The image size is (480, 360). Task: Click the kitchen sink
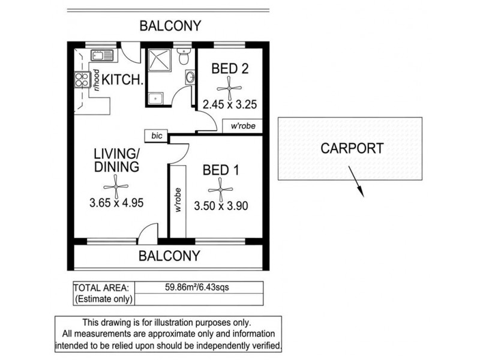102,55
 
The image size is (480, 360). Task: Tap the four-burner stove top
83,79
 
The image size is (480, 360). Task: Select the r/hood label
97,80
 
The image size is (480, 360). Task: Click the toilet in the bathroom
184,56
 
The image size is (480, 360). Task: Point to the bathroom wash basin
190,77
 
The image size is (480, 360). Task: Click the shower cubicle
160,59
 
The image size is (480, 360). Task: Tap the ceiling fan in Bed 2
229,88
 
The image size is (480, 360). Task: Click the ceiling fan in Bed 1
220,190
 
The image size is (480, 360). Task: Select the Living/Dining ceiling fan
116,187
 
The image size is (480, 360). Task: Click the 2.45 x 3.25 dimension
230,104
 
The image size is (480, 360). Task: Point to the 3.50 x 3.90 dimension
221,206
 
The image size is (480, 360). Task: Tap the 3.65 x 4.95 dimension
116,203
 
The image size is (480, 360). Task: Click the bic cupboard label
157,136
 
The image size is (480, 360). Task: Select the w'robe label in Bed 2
243,126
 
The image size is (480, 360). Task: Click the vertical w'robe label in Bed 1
178,200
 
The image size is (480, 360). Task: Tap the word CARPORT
352,148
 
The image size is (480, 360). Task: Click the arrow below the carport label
356,182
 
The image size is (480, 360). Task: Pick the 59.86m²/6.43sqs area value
197,287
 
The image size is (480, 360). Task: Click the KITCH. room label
122,80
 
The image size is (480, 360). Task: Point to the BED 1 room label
221,170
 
